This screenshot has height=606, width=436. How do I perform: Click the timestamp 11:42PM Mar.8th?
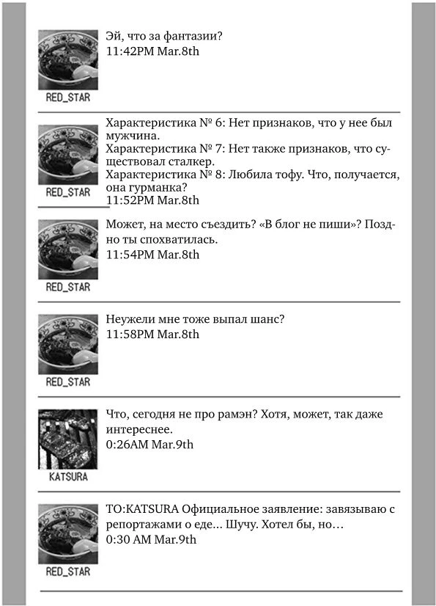pyautogui.click(x=152, y=51)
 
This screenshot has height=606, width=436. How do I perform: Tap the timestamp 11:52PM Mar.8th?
pyautogui.click(x=152, y=200)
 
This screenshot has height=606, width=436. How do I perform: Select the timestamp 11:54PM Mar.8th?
pyautogui.click(x=152, y=255)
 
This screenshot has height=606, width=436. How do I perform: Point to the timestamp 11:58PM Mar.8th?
pyautogui.click(x=152, y=334)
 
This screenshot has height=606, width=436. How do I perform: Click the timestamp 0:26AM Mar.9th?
pyautogui.click(x=149, y=444)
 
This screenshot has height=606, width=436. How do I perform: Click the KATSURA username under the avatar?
pyautogui.click(x=68, y=477)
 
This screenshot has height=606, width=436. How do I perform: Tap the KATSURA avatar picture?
pyautogui.click(x=68, y=439)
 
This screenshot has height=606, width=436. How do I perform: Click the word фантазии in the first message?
pyautogui.click(x=196, y=36)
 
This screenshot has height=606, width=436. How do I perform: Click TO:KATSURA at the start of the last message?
pyautogui.click(x=142, y=510)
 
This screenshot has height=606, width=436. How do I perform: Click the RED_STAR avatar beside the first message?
pyautogui.click(x=68, y=59)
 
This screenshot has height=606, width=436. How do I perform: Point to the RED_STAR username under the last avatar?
pyautogui.click(x=68, y=572)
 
